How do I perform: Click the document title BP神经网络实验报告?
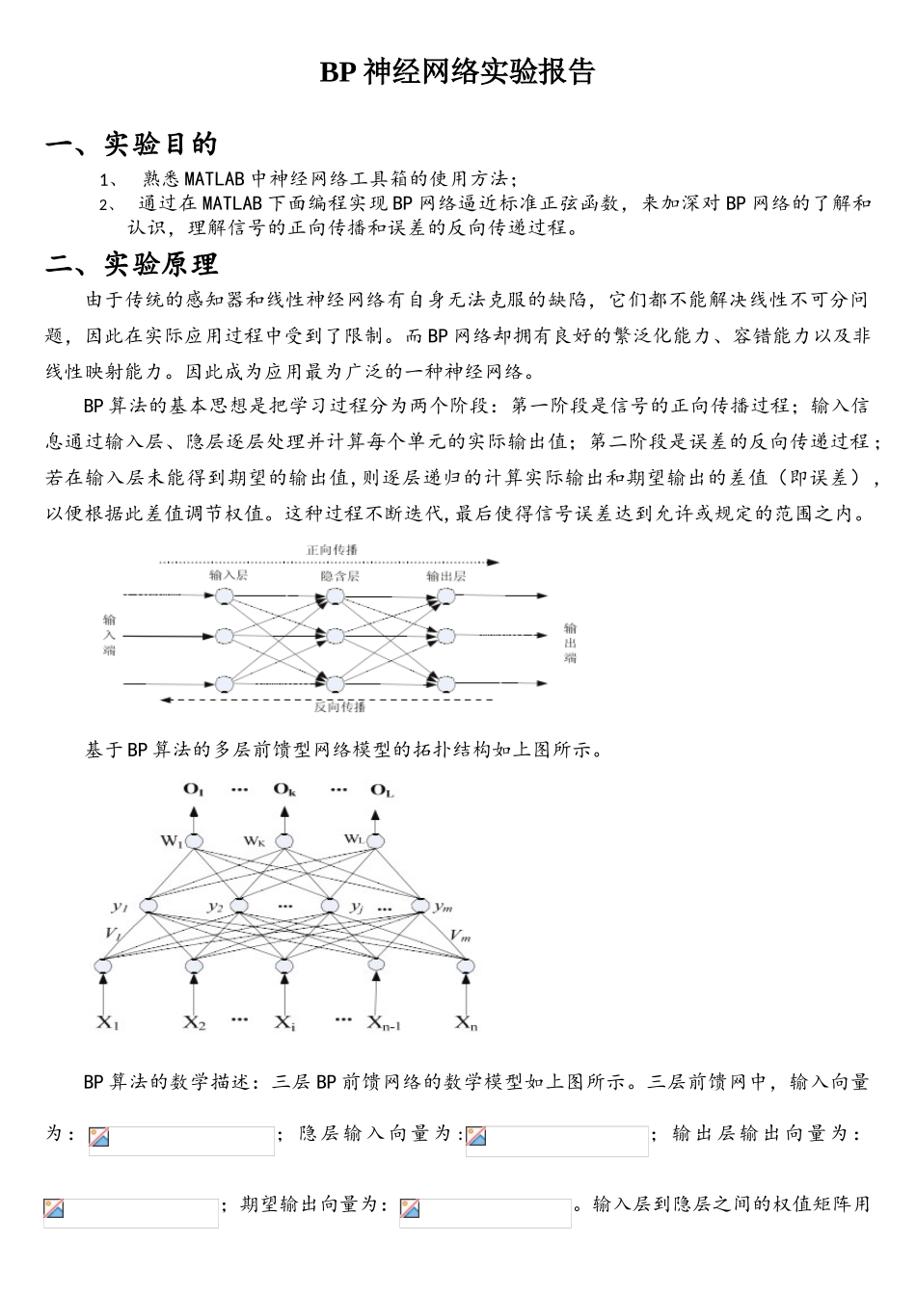pos(457,72)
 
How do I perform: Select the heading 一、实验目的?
pos(132,145)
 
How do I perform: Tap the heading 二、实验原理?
pos(132,263)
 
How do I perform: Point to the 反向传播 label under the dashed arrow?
pos(339,706)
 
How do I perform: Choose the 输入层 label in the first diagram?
pos(229,575)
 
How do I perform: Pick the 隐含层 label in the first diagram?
pos(339,575)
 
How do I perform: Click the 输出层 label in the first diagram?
pos(445,575)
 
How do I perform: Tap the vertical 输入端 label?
pos(109,636)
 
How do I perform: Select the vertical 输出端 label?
pos(570,644)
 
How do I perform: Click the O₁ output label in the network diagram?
pos(193,790)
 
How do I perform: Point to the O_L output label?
pos(382,790)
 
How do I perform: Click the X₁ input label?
pos(107,1021)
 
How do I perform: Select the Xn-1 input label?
pos(383,1021)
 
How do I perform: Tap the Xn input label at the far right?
pos(467,1021)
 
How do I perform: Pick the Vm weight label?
pos(460,935)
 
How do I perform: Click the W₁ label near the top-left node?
pos(172,840)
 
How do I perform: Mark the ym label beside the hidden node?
pos(443,906)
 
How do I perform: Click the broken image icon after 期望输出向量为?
pos(410,1208)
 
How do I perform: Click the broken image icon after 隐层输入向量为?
pos(475,1137)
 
